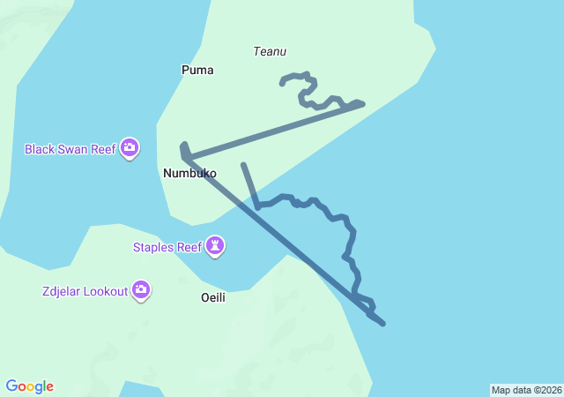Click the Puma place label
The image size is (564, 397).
197,70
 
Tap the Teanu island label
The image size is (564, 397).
270,51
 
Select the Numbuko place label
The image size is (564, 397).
189,174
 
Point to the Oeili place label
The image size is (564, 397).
213,297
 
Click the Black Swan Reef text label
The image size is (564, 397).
70,149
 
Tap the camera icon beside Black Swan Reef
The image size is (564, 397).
130,148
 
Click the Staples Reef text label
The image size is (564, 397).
167,247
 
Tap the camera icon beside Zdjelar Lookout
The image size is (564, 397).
141,289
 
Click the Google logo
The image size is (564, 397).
30,386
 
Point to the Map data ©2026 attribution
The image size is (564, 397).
526,390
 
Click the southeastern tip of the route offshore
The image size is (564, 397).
383,324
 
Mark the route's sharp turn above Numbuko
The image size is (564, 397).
183,144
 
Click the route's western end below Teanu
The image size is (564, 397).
282,84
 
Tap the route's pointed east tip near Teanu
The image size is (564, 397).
362,103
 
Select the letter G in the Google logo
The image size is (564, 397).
11,386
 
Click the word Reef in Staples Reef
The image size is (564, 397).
189,247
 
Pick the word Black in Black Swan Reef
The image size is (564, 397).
41,149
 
